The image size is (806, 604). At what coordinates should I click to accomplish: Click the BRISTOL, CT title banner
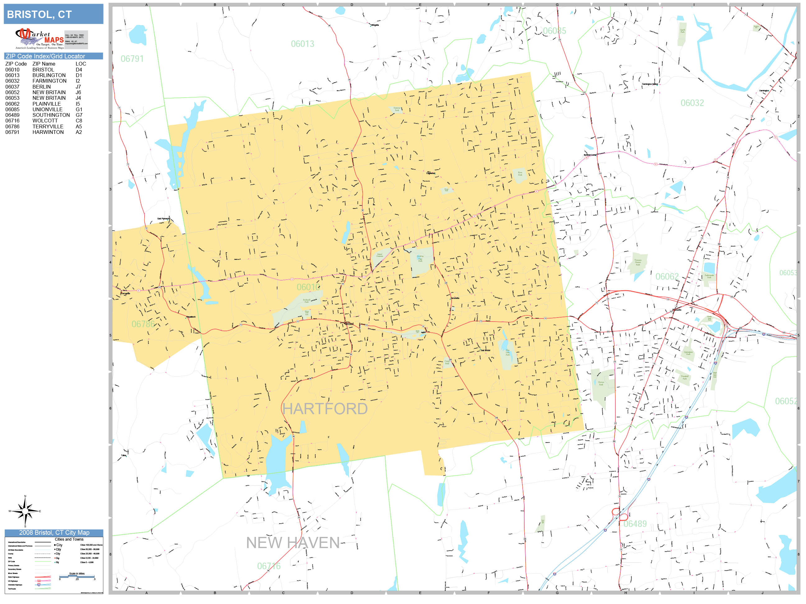click(53, 14)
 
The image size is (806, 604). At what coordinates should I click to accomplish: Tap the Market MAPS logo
click(39, 39)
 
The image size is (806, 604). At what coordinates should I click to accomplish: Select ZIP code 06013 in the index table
click(12, 75)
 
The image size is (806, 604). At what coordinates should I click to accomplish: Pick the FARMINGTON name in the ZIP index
click(49, 81)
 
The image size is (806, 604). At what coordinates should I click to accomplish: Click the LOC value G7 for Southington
click(79, 115)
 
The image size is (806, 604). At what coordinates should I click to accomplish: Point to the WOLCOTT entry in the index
click(45, 121)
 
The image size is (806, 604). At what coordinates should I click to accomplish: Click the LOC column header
click(81, 64)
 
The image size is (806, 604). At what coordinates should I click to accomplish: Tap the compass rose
click(25, 511)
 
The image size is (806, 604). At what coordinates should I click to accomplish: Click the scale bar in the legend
click(77, 577)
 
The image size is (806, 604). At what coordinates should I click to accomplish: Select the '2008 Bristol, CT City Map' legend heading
click(54, 533)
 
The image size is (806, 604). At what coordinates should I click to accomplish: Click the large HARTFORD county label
click(325, 409)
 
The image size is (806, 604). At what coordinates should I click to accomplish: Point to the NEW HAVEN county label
click(293, 543)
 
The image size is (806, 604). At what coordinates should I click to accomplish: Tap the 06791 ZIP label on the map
click(132, 59)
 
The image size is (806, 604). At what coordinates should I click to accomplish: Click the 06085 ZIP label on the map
click(554, 31)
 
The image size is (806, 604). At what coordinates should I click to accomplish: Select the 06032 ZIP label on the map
click(692, 103)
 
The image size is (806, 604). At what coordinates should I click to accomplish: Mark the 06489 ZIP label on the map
click(635, 524)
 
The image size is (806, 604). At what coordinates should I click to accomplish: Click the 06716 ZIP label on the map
click(269, 566)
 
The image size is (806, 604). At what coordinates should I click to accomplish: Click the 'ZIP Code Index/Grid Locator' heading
click(45, 56)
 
